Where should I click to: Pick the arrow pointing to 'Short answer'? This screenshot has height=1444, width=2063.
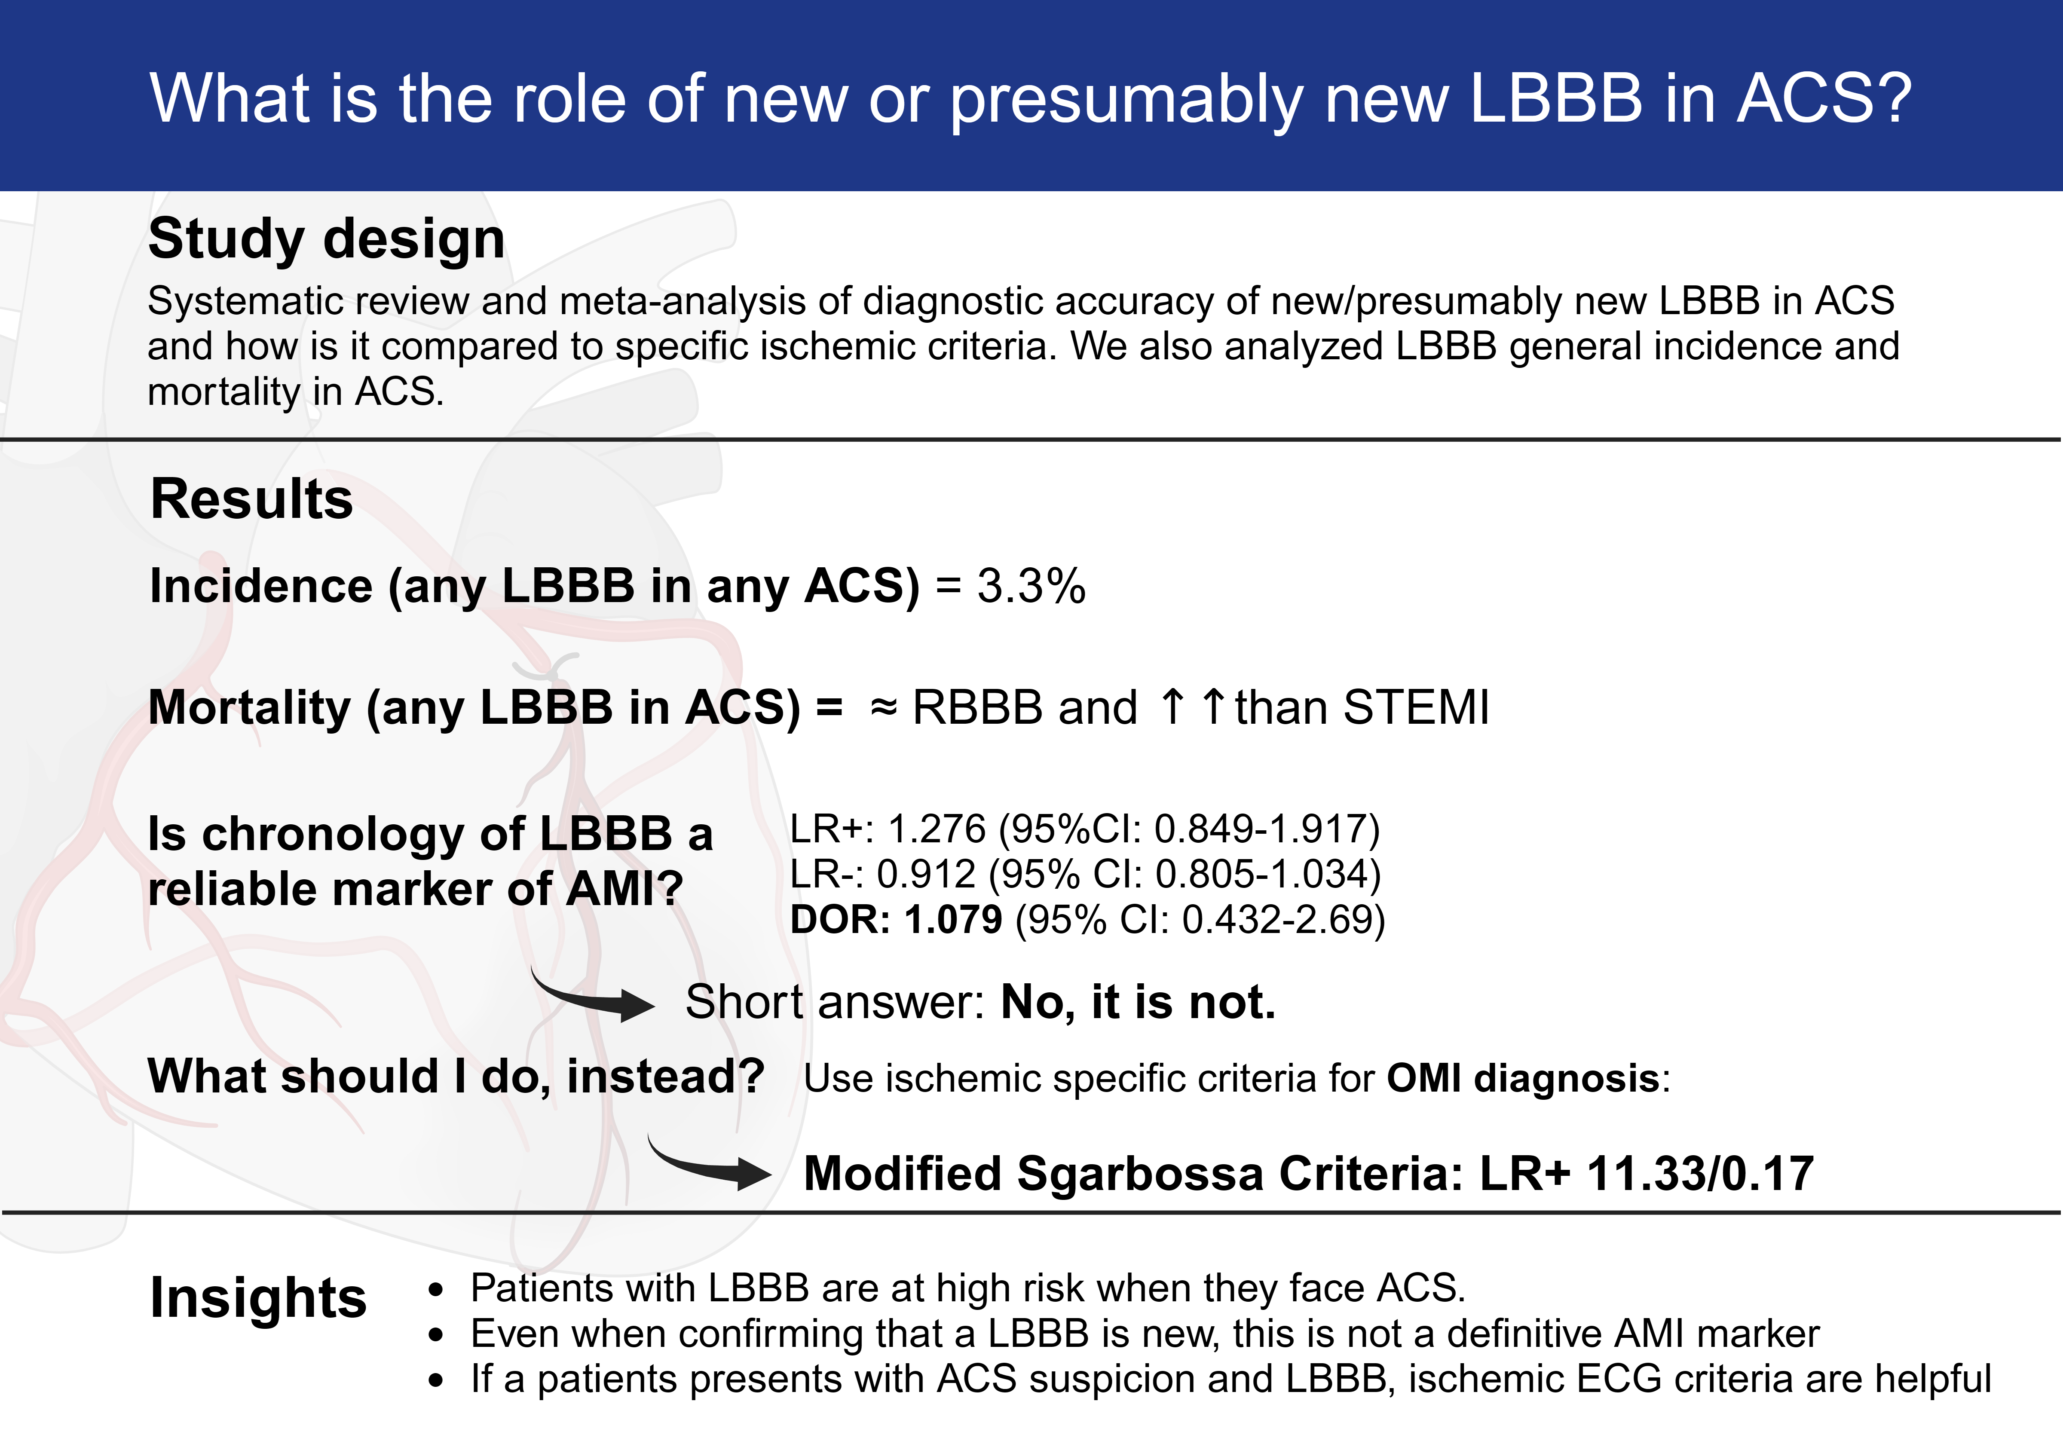tap(593, 997)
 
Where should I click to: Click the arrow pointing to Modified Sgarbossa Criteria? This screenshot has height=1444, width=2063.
tap(710, 1166)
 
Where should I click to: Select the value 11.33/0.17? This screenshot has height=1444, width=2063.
tap(1700, 1174)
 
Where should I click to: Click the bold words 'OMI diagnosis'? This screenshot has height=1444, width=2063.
tap(1522, 1078)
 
